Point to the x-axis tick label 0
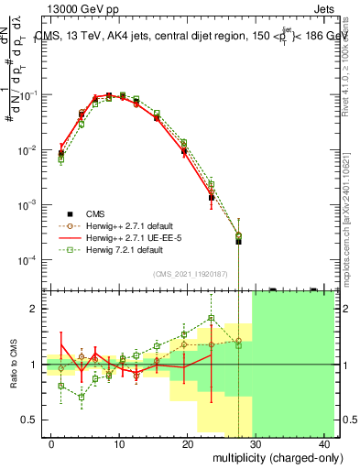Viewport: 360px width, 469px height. [50, 443]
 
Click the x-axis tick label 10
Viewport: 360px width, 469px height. [119, 443]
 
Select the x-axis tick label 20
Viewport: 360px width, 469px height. [188, 443]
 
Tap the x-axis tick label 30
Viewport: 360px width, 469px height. [256, 443]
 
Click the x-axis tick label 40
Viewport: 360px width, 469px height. [325, 443]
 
